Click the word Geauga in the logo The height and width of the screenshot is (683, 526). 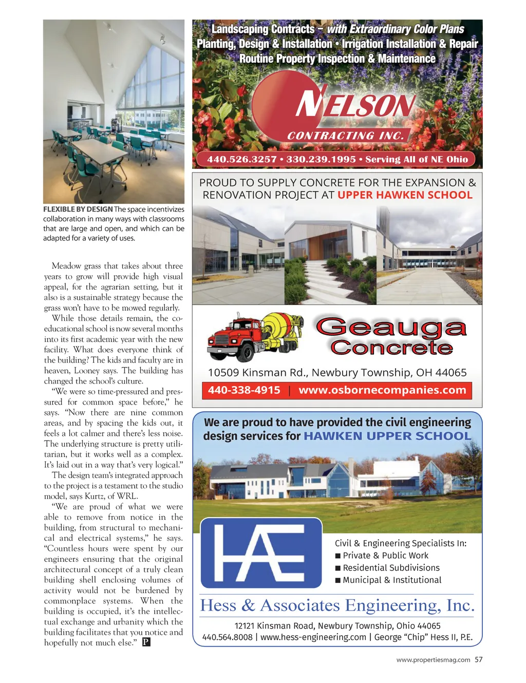coord(391,328)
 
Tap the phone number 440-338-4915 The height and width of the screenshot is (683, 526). coord(244,390)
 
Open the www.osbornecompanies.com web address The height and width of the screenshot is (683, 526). coord(382,390)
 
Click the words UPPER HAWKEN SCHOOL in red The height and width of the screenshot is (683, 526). coord(405,195)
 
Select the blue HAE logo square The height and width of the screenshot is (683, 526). coord(261,553)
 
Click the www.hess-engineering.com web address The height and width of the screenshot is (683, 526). coord(313,637)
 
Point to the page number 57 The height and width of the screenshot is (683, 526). coord(478,659)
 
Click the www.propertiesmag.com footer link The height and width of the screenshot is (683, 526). coord(433,660)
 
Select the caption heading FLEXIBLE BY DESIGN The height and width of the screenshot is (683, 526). coord(78,210)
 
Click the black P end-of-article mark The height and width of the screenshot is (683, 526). coord(146,642)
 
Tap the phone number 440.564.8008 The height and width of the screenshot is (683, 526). coord(228,637)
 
